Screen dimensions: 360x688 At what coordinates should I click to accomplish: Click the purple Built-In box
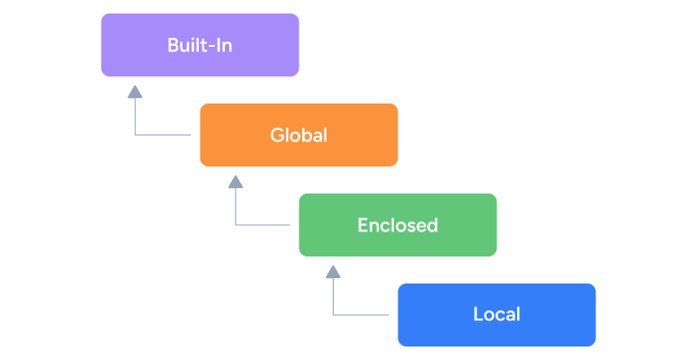tap(200, 45)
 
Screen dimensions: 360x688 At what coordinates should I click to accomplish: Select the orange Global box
tap(299, 135)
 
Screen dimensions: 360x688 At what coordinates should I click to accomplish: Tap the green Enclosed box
tap(398, 225)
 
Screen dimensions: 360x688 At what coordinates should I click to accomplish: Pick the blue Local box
tap(496, 315)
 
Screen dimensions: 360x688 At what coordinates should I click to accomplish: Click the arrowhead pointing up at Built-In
tap(135, 91)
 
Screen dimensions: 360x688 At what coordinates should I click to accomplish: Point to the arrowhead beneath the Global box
tap(236, 182)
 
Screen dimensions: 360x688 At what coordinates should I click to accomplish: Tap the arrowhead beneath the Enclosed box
tap(334, 271)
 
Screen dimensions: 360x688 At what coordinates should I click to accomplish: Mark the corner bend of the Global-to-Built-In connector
tap(135, 135)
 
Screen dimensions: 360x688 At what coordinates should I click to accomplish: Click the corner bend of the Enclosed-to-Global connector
tap(236, 225)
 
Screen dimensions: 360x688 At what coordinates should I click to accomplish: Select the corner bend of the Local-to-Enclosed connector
tap(334, 315)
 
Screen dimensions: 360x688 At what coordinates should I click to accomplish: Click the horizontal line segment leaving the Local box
tap(364, 315)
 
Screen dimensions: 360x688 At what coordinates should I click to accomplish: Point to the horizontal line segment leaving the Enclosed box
tap(266, 225)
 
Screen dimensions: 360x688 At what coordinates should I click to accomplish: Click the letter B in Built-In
tap(173, 45)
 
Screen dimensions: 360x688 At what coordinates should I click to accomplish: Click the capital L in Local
tap(478, 315)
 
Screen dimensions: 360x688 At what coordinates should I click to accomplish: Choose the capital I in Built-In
tap(219, 45)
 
